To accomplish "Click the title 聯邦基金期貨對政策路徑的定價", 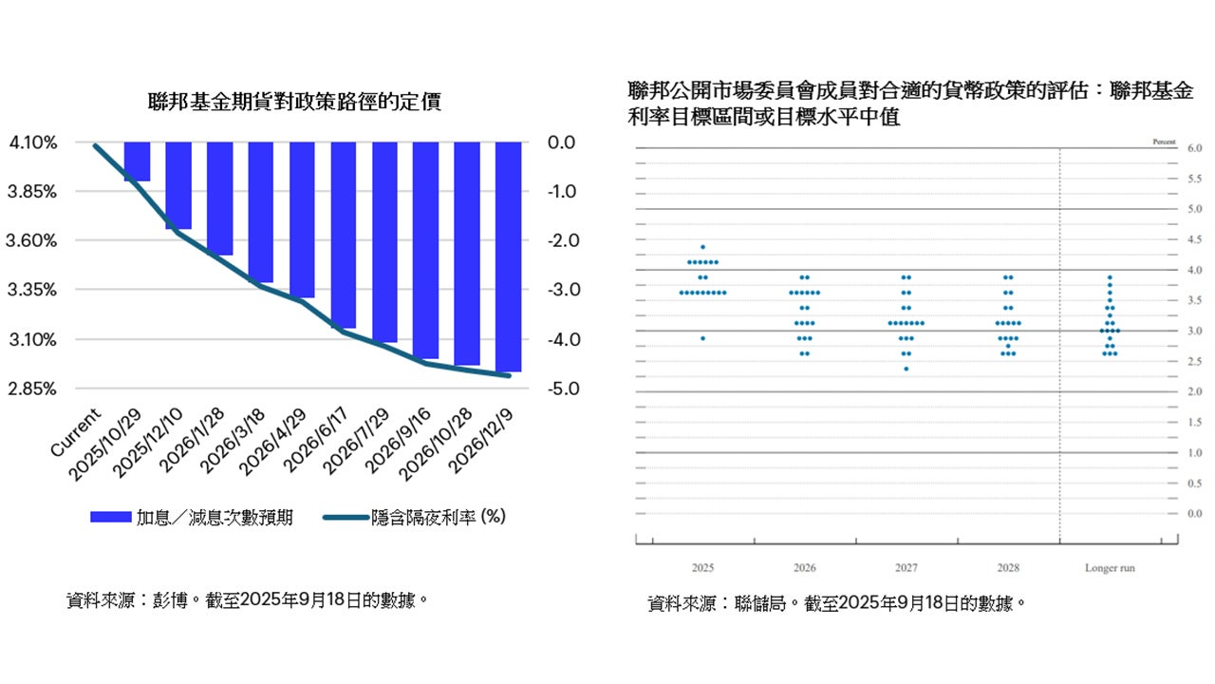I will (294, 102).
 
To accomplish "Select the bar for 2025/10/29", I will (138, 161).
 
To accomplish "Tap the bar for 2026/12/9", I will (509, 256).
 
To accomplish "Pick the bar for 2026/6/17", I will (344, 235).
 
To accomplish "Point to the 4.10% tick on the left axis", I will (33, 142).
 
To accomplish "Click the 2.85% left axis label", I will (33, 389).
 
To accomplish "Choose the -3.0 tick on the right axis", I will (562, 290).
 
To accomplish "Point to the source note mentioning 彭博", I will (242, 600).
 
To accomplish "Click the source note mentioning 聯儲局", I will (836, 603).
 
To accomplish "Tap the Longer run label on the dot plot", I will (1110, 569).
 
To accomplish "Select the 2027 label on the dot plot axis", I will (907, 569).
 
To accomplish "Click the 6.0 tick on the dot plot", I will (1168, 149).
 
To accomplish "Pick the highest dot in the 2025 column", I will (702, 247).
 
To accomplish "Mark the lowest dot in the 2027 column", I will (907, 369).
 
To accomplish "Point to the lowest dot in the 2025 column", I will (702, 338).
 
